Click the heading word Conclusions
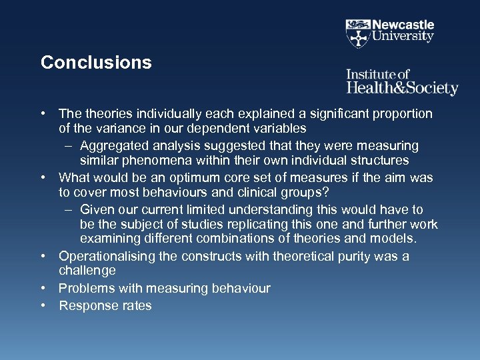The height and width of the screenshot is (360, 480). point(96,63)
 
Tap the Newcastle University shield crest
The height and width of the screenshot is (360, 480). point(358,32)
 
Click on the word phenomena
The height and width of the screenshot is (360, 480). point(155,161)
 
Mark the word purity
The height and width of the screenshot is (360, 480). point(363,257)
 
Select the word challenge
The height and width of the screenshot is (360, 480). point(87,271)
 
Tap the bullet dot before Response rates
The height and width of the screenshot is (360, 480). point(42,306)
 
